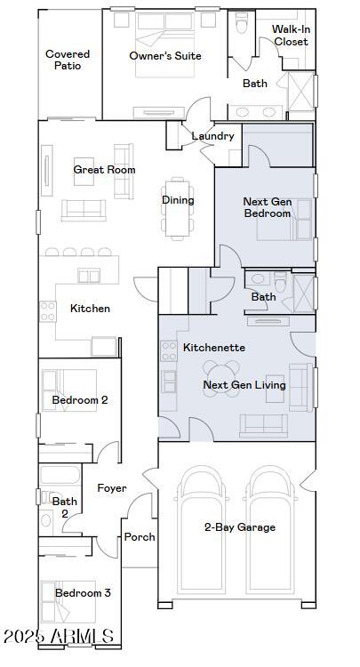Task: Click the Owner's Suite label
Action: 165,56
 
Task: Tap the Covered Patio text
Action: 68,60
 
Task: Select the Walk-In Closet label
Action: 291,36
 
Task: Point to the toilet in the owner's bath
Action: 241,23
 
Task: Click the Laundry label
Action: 212,136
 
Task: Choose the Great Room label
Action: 105,170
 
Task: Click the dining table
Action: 178,207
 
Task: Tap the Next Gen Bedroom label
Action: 268,207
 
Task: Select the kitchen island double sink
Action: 89,276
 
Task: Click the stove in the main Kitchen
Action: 48,311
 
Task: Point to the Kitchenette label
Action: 214,348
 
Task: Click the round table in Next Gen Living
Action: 221,379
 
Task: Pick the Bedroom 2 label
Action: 80,400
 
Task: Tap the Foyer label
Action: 112,488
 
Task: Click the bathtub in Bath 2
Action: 60,475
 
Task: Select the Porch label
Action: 140,537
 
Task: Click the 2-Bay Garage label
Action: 240,527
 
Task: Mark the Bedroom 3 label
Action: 83,593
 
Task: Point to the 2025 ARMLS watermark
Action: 59,637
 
